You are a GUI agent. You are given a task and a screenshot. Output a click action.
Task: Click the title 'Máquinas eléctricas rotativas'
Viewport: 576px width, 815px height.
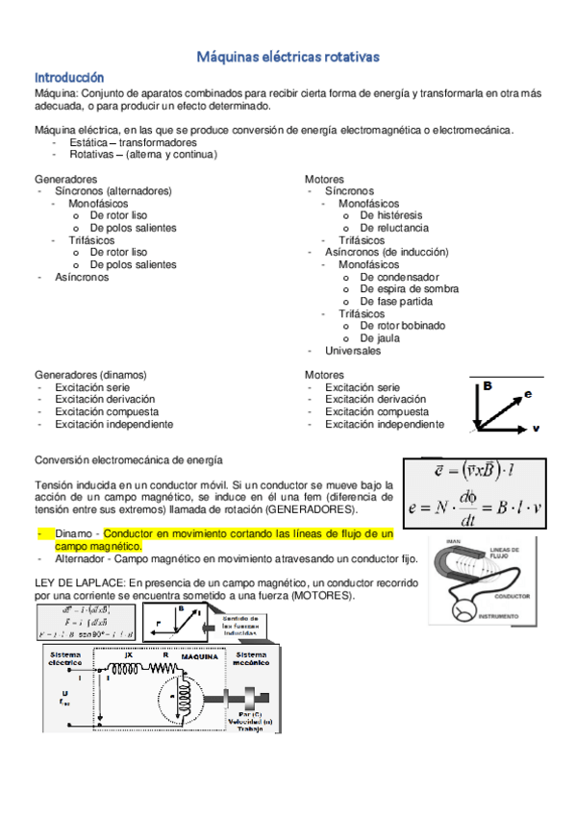tap(288, 58)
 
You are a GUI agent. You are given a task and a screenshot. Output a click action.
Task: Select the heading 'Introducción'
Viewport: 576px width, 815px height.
tap(69, 76)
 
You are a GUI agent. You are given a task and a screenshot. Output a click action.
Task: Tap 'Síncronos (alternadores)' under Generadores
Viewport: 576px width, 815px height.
tap(113, 191)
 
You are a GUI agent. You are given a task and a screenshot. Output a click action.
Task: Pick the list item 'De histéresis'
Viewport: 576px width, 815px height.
tap(398, 216)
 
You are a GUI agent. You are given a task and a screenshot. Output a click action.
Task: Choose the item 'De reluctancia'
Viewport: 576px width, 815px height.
tap(401, 229)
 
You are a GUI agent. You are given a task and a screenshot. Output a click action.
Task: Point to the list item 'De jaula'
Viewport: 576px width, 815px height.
tap(381, 338)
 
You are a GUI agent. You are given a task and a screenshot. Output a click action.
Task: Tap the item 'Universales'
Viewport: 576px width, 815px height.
tap(353, 351)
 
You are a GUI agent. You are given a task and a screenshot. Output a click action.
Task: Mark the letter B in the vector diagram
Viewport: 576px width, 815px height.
tap(488, 386)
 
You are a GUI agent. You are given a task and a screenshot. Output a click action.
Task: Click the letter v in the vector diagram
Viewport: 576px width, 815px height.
tap(536, 426)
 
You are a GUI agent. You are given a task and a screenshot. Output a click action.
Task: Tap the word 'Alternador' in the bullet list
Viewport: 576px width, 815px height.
tap(81, 557)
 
